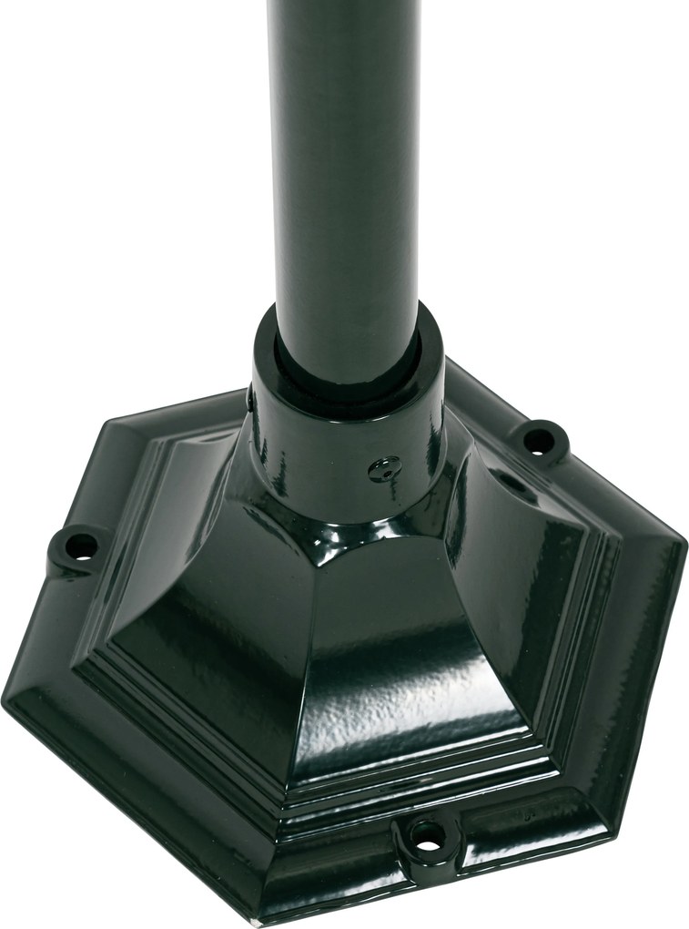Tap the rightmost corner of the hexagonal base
683,551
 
